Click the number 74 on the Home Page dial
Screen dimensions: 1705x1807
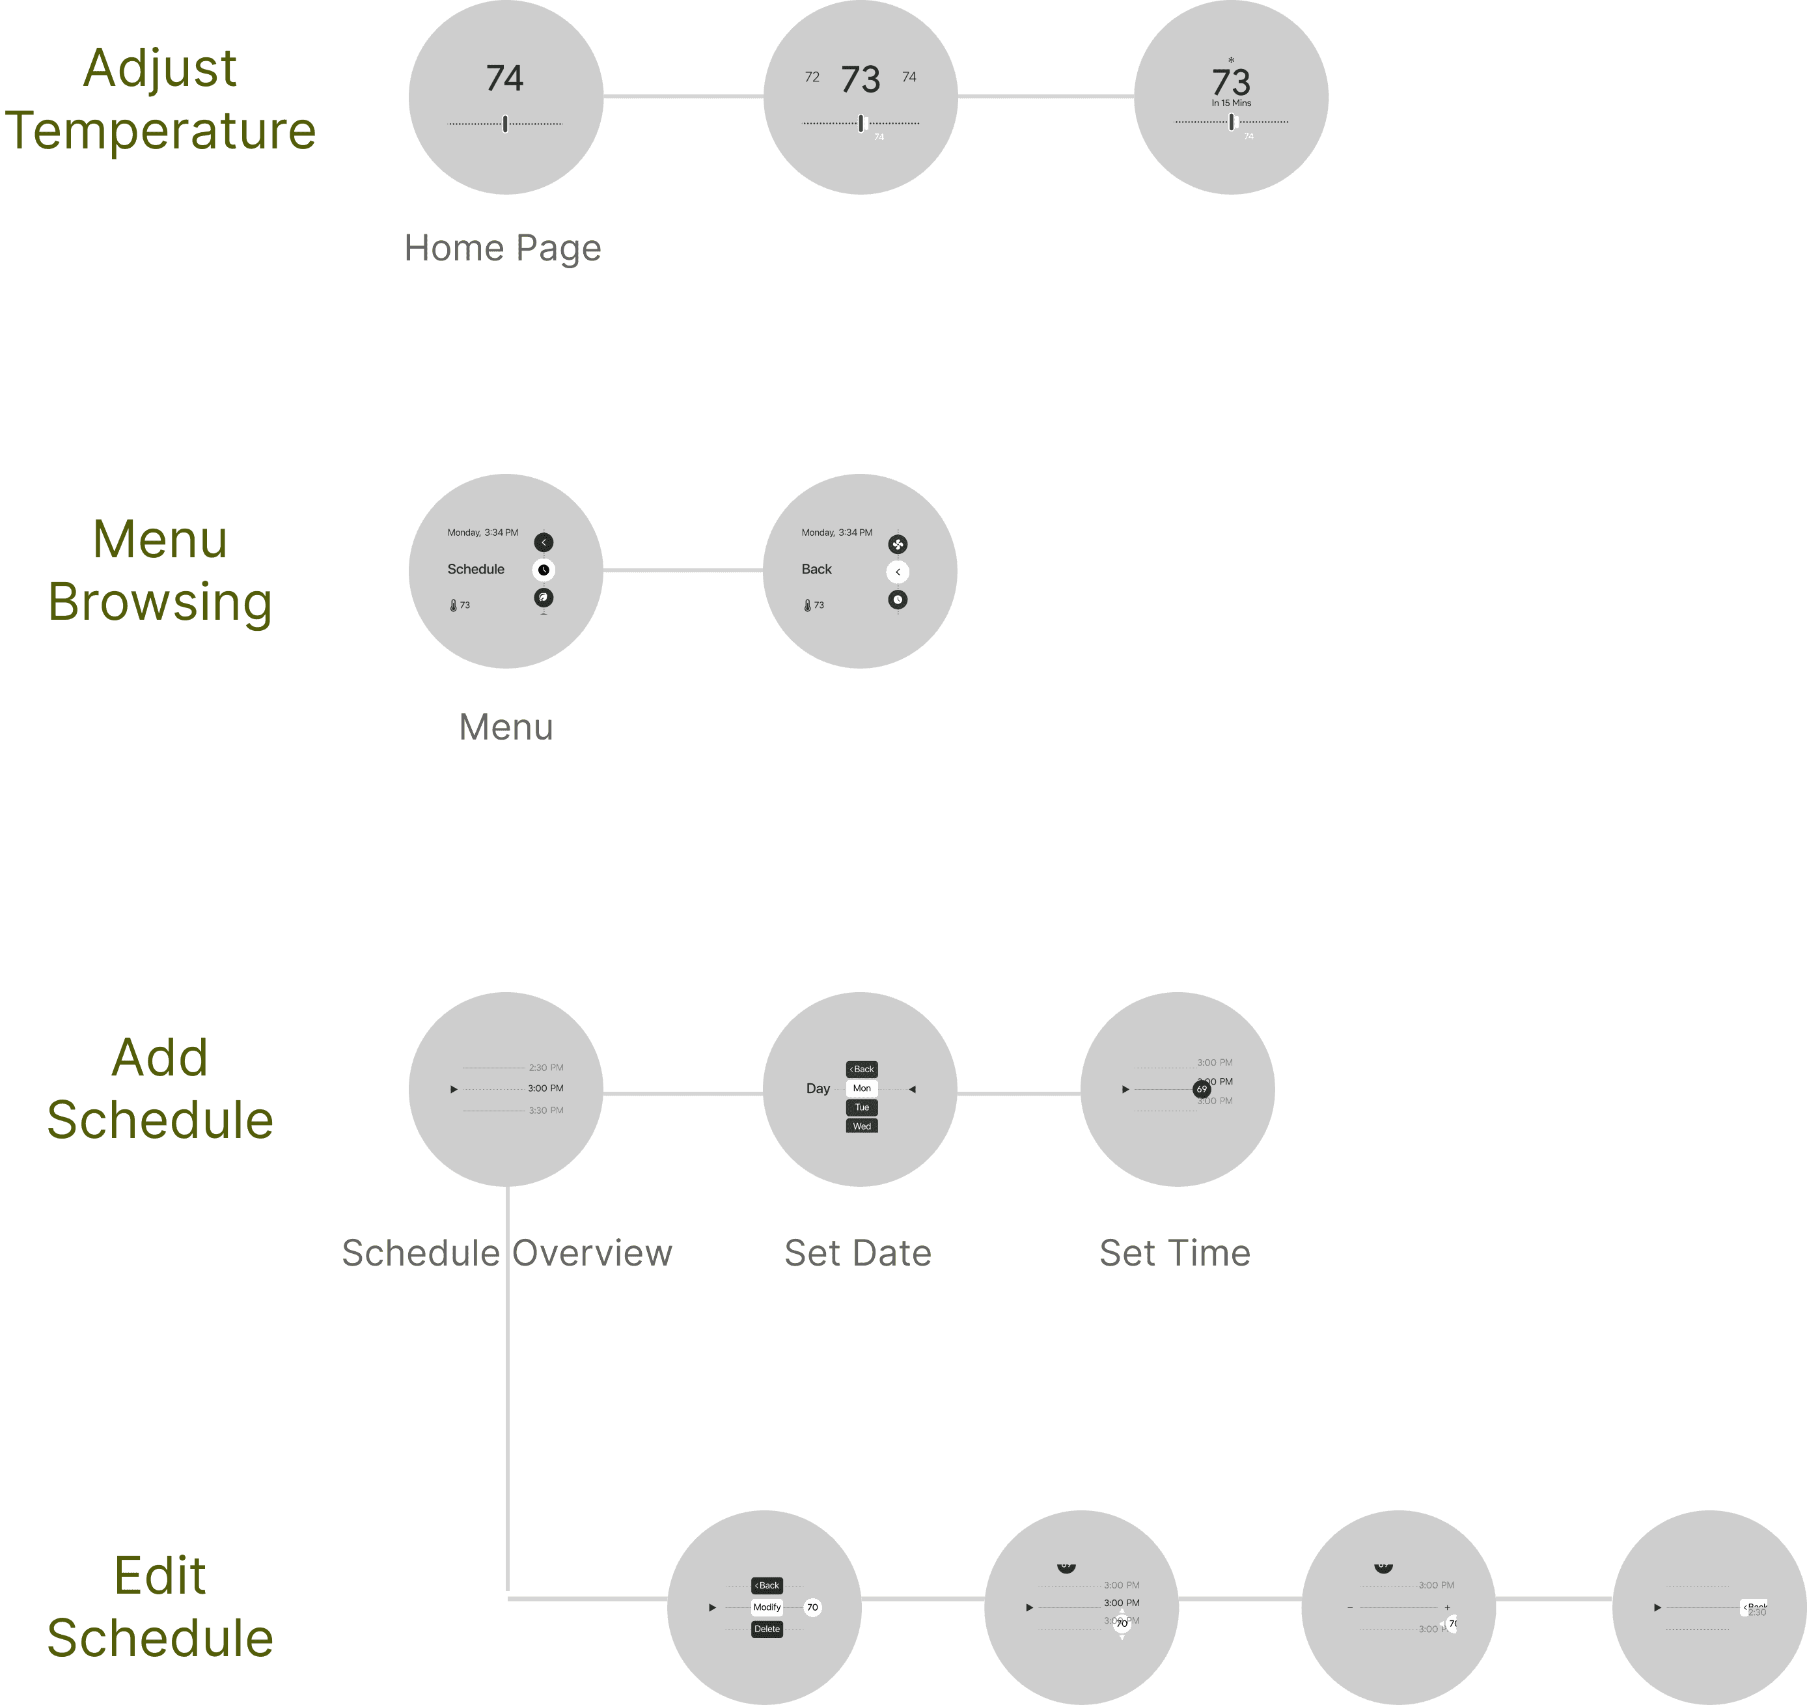504,78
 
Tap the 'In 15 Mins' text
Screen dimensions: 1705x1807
1231,103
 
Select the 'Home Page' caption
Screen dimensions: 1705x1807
503,247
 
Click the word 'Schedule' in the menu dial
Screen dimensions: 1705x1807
475,569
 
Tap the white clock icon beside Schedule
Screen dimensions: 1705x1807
544,570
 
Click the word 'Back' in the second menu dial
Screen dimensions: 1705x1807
816,569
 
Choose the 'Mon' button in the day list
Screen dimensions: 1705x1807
862,1088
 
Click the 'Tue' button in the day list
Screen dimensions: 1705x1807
862,1107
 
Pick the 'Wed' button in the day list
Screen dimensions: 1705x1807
862,1126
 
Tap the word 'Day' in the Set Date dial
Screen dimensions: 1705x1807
818,1088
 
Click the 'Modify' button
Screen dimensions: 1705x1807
767,1607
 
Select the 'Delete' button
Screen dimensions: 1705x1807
767,1629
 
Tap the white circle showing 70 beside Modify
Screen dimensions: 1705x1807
812,1607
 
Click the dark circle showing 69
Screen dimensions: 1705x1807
1202,1088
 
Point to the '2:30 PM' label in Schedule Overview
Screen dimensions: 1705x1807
545,1068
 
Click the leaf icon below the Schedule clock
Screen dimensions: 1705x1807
544,597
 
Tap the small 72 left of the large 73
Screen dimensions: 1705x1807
812,77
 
